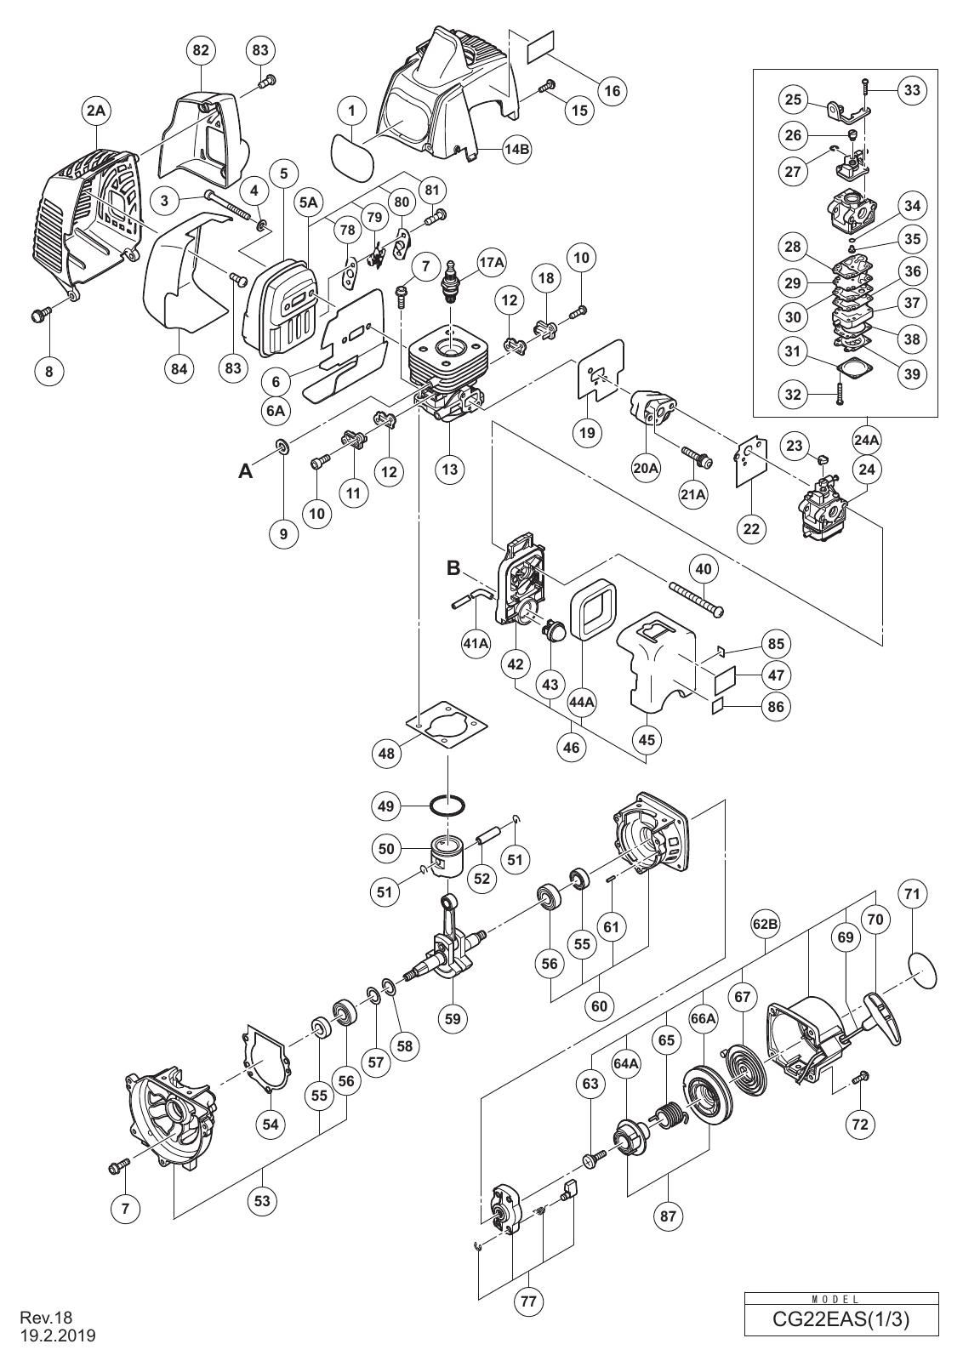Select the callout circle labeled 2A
[98, 111]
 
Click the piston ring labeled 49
[447, 807]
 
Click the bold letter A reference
[246, 471]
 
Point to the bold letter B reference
[454, 568]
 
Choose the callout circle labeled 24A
[867, 440]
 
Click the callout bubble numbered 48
[386, 754]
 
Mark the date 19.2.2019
[59, 1335]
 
